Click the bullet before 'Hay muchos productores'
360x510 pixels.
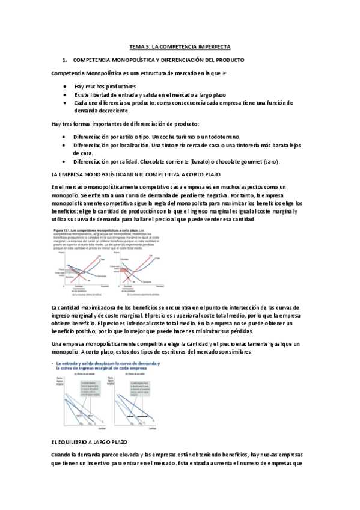tap(64, 87)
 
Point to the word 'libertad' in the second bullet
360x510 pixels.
tap(102, 95)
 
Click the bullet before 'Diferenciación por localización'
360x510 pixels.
tap(64, 146)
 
